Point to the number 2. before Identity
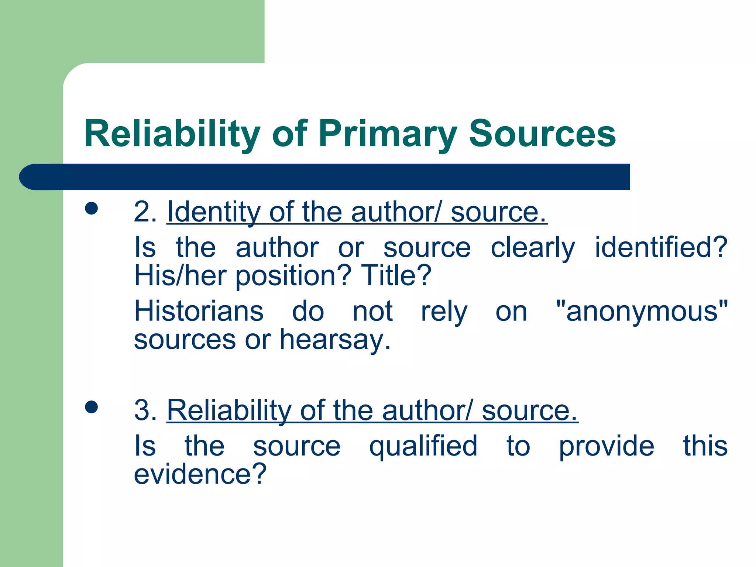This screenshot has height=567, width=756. (145, 212)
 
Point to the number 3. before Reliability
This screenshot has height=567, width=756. (145, 410)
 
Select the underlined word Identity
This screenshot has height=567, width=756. (213, 212)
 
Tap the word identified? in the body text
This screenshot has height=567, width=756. (661, 247)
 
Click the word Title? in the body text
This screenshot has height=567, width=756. (396, 275)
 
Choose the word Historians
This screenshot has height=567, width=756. (199, 311)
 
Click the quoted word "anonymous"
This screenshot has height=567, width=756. (642, 311)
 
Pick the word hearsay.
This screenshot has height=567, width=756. (335, 340)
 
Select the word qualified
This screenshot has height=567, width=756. (423, 446)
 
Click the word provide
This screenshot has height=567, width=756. (606, 446)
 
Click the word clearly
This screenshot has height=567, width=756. (533, 247)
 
